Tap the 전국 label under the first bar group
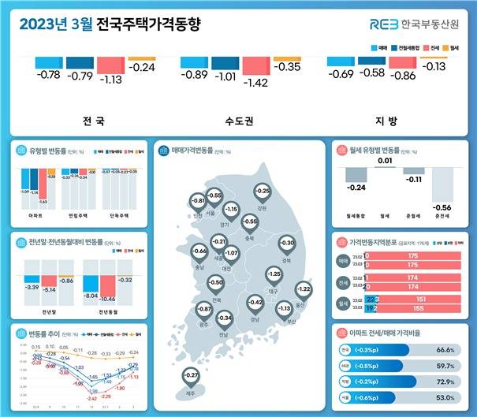pos(93,122)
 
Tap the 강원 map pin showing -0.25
pos(263,193)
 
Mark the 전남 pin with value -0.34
pos(225,321)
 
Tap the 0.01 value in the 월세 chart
pos(384,162)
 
